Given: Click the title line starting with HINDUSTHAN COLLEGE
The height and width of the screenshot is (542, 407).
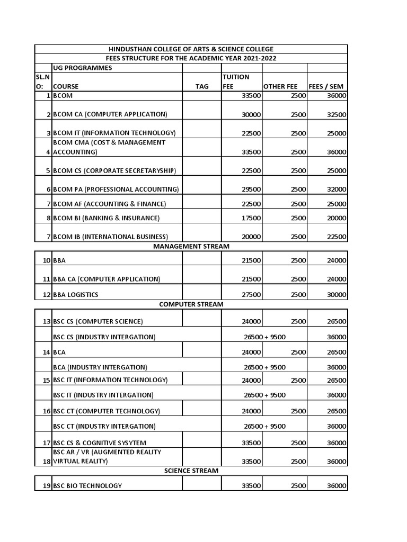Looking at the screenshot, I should (x=191, y=49).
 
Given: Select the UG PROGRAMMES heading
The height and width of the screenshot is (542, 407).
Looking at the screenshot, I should (x=82, y=68).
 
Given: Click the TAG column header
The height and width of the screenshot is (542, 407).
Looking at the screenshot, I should (x=202, y=86).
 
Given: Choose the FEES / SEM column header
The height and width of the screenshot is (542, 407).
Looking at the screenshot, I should (x=327, y=86).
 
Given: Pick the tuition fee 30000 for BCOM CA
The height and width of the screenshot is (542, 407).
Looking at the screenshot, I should (x=251, y=114).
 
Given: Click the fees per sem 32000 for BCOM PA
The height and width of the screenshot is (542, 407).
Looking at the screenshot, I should (x=337, y=189).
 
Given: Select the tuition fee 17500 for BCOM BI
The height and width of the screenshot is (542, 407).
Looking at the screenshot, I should (x=251, y=218).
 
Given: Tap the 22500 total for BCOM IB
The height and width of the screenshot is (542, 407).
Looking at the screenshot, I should (x=337, y=237).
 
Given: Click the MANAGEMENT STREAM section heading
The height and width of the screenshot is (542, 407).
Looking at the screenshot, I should (x=191, y=246).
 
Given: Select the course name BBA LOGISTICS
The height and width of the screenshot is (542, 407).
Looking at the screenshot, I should (x=76, y=294).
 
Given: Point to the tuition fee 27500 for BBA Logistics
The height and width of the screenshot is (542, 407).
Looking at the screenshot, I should (x=251, y=294).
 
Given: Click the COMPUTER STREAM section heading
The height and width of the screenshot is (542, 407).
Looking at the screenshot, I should (x=191, y=304).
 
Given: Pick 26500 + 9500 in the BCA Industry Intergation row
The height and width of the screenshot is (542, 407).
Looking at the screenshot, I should (x=264, y=367).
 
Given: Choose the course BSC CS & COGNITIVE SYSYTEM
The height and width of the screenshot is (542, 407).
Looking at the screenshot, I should (x=100, y=442).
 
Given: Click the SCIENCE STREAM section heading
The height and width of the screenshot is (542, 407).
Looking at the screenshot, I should (x=191, y=471).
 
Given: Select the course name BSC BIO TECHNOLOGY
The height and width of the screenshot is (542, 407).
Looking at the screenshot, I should (x=87, y=485).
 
